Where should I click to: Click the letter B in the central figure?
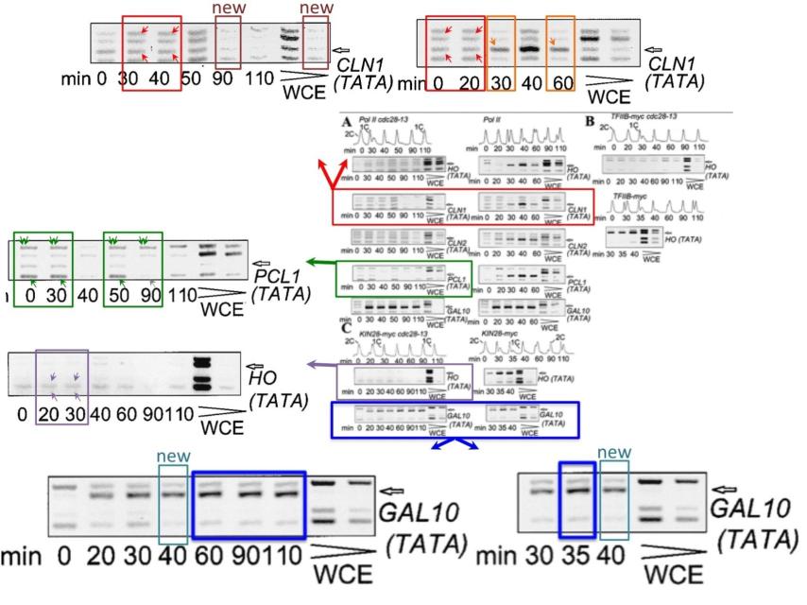[590, 121]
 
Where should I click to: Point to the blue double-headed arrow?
[454, 444]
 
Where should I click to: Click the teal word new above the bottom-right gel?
[614, 452]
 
